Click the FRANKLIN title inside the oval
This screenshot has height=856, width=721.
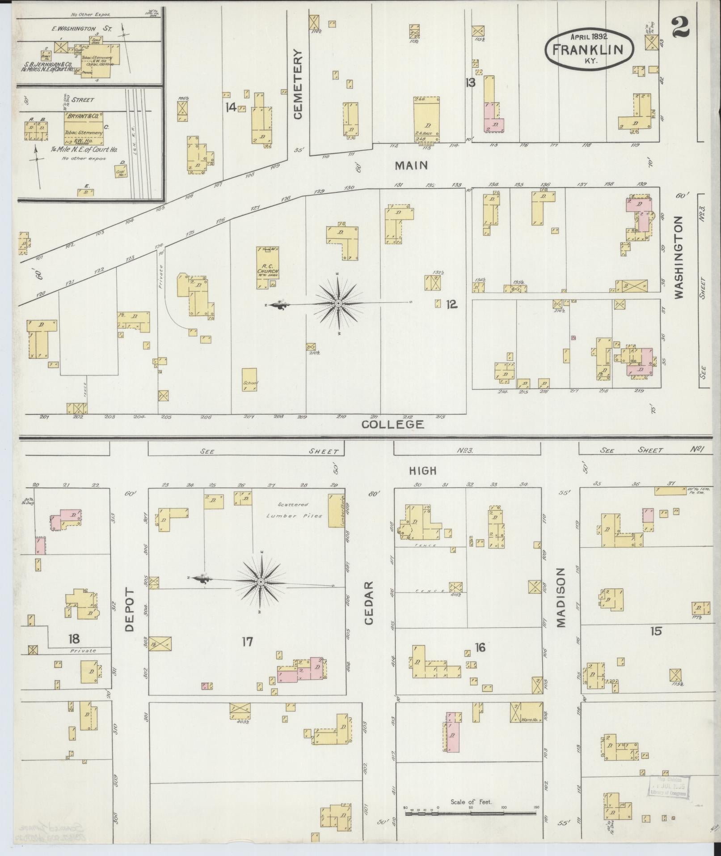[587, 49]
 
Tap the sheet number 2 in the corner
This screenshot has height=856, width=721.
[680, 27]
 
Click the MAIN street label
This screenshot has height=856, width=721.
[411, 165]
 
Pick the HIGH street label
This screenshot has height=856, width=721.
[422, 470]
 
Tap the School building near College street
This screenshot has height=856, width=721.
[249, 380]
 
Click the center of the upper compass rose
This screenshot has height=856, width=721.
[338, 303]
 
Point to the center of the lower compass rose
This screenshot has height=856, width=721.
[261, 581]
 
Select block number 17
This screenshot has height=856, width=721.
[247, 642]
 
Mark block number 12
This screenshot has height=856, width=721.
[451, 304]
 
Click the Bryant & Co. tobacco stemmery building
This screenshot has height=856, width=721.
[84, 126]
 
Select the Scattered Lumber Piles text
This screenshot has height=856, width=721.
[294, 510]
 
